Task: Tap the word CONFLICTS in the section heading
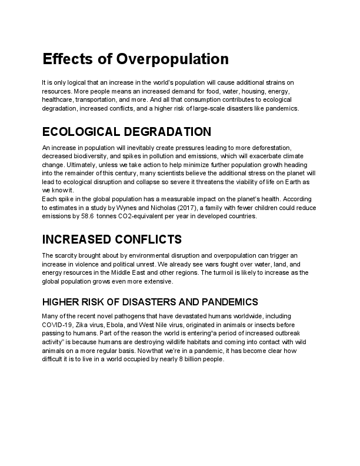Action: (x=147, y=239)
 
